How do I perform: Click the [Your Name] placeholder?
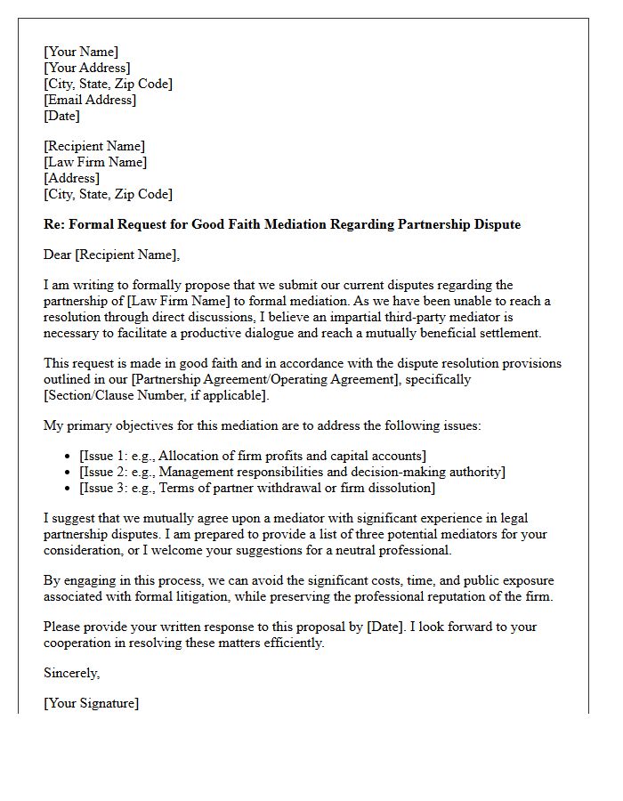tap(81, 52)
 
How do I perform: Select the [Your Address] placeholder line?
tap(87, 68)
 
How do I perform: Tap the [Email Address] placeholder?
tap(90, 100)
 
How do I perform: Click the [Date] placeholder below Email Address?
tap(61, 116)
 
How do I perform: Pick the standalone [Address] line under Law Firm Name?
tap(71, 178)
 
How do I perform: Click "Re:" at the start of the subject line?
tap(54, 224)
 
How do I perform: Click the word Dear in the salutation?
tap(57, 255)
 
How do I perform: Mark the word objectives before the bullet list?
tap(148, 425)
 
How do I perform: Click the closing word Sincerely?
tap(71, 673)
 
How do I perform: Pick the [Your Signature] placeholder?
tap(91, 703)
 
